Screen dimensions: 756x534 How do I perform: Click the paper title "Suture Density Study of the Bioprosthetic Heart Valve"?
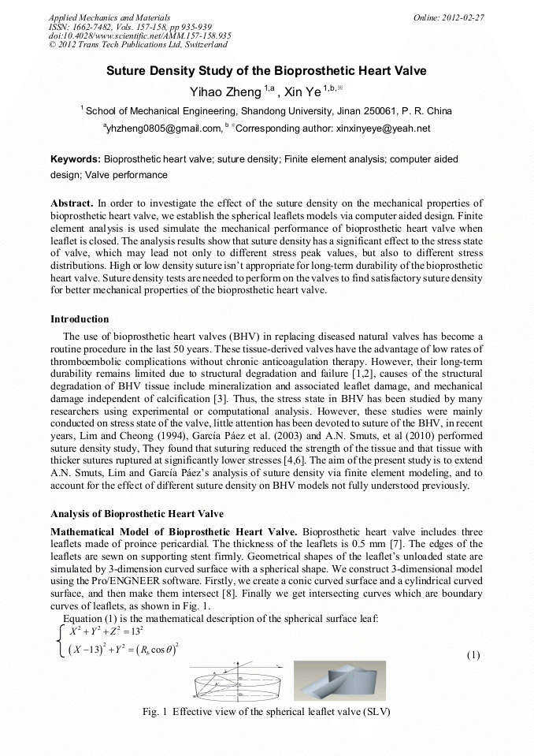tap(266, 71)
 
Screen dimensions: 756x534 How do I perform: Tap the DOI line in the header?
tap(139, 35)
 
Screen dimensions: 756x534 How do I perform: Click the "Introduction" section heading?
tap(80, 319)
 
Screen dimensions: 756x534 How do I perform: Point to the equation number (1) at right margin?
tap(473, 655)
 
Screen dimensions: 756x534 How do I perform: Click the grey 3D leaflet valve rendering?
tap(339, 680)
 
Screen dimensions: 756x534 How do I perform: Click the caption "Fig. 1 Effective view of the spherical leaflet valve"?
tap(266, 712)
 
